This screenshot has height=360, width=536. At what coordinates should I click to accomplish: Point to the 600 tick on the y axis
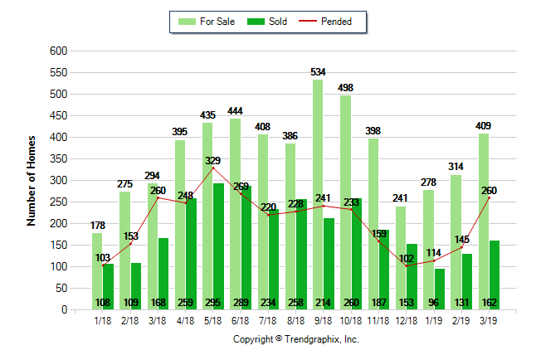tap(58, 51)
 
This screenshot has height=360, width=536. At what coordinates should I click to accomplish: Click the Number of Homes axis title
tap(32, 180)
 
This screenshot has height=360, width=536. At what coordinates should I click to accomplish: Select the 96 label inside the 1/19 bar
tap(440, 303)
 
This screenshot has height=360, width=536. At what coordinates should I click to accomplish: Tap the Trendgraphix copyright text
tap(295, 339)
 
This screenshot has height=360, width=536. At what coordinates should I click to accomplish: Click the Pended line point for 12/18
tap(407, 265)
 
